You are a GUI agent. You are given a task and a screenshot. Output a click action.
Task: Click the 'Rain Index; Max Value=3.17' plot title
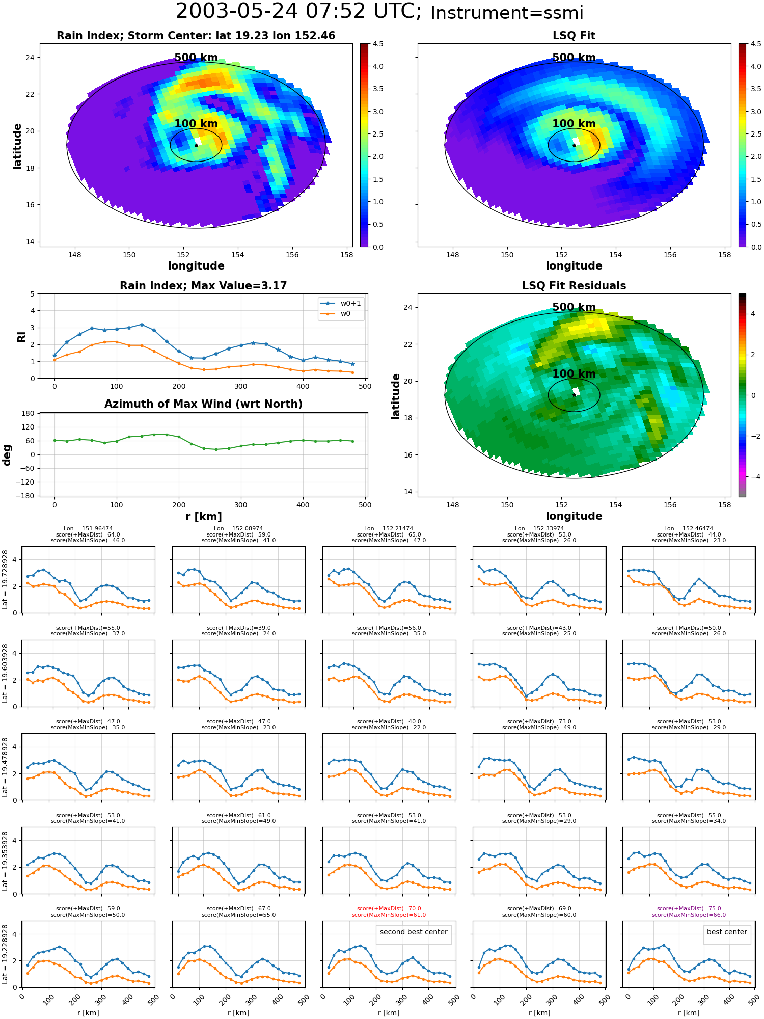tap(203, 286)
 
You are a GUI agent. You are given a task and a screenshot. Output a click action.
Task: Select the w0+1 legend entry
tap(341, 304)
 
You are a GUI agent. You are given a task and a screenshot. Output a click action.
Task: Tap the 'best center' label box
tap(727, 932)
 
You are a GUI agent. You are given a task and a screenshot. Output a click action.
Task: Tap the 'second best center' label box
tap(414, 932)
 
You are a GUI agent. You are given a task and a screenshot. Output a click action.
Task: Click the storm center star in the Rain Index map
tap(196, 145)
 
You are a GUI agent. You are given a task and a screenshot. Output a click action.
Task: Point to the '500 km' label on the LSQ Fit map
tap(574, 58)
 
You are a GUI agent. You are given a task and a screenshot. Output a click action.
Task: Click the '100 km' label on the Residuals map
tap(574, 374)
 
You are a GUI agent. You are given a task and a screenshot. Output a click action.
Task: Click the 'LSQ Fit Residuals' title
tap(574, 286)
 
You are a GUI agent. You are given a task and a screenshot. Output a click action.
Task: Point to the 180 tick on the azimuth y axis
tap(29, 413)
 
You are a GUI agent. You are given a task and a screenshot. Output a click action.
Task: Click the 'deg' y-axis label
tap(7, 454)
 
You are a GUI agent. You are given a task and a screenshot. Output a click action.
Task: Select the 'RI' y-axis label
tap(22, 337)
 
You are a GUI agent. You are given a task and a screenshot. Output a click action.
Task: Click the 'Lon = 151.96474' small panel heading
tap(88, 529)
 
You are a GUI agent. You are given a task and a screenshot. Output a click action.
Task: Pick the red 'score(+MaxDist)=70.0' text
tap(389, 909)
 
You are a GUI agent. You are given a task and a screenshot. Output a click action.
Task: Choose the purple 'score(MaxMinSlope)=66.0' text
tap(689, 915)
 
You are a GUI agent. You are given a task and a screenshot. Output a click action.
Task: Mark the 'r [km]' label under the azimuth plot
tap(204, 517)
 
